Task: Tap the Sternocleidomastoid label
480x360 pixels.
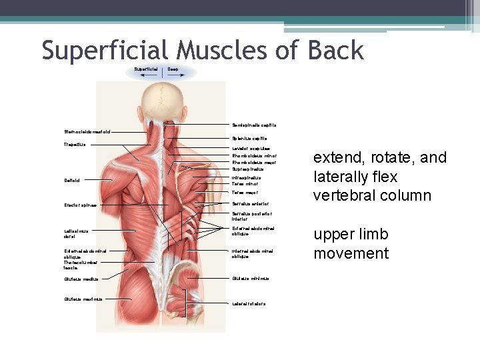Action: (83, 131)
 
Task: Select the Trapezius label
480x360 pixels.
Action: (75, 145)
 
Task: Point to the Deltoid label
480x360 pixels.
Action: (72, 180)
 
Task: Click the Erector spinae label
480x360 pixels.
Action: (80, 205)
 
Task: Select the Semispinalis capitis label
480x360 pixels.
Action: (254, 125)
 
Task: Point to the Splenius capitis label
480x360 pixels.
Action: (249, 139)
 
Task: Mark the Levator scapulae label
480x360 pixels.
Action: (251, 149)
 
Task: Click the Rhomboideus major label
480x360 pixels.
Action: (254, 162)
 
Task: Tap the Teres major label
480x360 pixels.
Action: (245, 192)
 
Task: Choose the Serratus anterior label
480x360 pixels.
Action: (250, 203)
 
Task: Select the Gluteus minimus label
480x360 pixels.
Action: (249, 278)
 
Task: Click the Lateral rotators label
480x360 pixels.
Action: (249, 303)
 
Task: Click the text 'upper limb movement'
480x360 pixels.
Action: (351, 244)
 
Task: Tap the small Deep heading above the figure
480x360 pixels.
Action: (173, 69)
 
